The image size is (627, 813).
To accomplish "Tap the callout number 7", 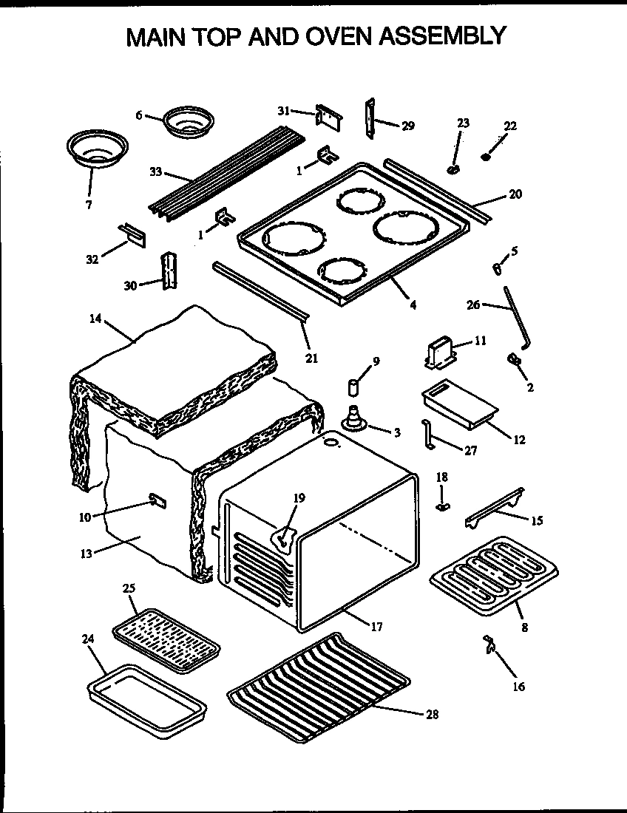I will pos(89,205).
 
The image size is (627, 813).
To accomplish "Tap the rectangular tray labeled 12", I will pos(457,406).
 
